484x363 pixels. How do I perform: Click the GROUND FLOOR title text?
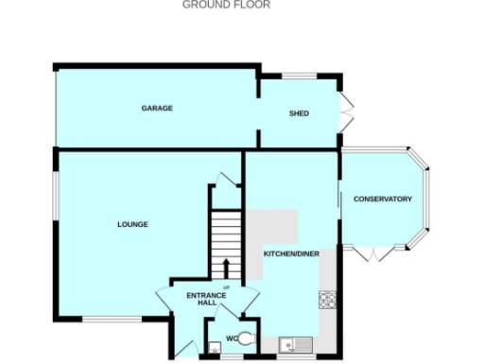coord(225,5)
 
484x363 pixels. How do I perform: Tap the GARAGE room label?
coord(157,109)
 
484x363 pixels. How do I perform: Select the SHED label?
coord(299,114)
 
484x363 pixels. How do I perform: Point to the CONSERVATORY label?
coord(382,199)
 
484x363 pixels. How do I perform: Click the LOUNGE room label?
coord(132,224)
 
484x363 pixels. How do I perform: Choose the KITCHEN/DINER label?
coord(288,255)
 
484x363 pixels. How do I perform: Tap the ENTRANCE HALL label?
coord(205,301)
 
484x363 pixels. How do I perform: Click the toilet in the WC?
coord(245,338)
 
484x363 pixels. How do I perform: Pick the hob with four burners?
coord(328,301)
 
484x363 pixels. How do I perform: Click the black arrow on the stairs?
coord(227,266)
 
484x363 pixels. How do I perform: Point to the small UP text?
coord(226,286)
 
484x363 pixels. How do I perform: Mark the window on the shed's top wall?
coord(301,76)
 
